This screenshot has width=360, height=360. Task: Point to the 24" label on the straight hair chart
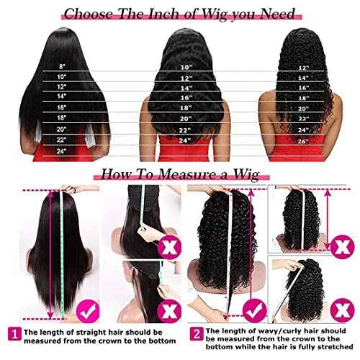click(x=61, y=150)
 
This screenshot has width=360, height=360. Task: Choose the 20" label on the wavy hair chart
click(x=186, y=117)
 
